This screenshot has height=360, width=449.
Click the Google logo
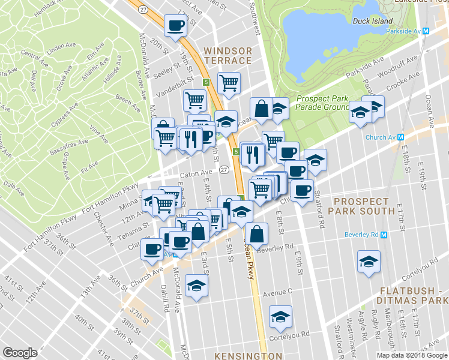(x=20, y=352)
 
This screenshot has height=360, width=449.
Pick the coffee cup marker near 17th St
(x=176, y=26)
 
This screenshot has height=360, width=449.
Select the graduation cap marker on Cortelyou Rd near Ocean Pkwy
(x=280, y=317)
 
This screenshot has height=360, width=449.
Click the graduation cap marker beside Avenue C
(x=196, y=286)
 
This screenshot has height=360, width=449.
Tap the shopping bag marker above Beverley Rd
(x=256, y=235)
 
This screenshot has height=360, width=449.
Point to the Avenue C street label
(x=277, y=293)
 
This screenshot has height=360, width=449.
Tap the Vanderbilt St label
(x=175, y=88)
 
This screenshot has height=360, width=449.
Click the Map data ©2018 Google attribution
(x=411, y=355)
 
